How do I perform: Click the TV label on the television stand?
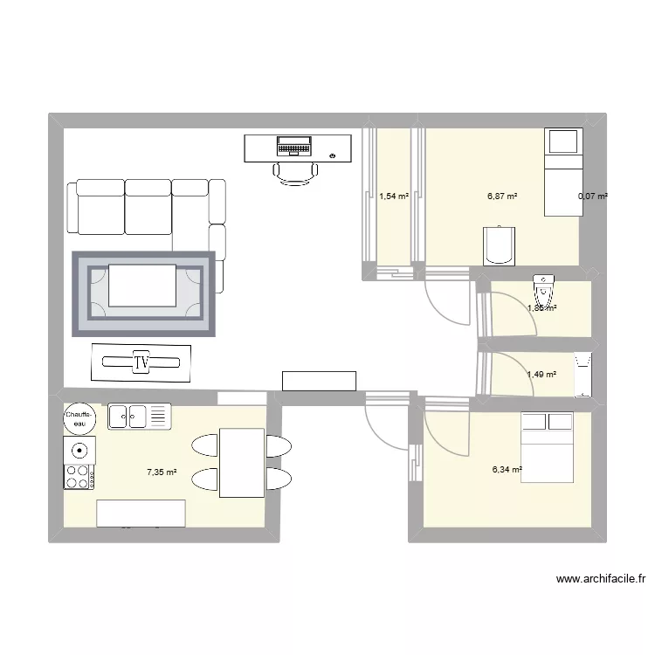(141, 362)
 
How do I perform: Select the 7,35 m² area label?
(162, 472)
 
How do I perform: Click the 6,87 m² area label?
(502, 196)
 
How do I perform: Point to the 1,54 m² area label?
(394, 196)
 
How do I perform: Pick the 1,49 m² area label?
(541, 375)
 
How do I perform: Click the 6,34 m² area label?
(507, 469)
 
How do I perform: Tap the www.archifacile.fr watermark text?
(600, 578)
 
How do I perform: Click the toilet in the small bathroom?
(542, 286)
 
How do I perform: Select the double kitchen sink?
(140, 416)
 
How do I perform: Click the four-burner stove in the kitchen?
(79, 476)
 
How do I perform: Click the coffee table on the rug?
(142, 286)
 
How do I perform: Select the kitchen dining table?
(242, 462)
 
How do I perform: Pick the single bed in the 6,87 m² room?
(562, 171)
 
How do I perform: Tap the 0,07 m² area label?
(593, 196)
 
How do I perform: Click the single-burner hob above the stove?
(79, 451)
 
